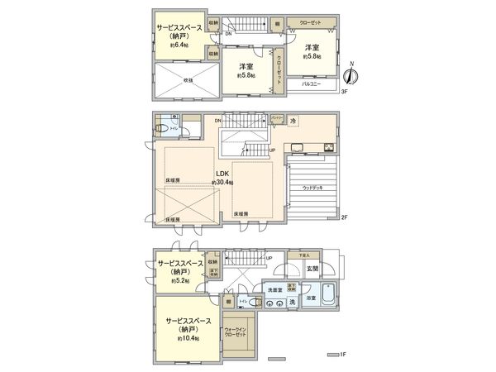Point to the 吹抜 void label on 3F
coord(187,80)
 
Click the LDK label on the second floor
coord(222,173)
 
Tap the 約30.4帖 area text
coord(223,182)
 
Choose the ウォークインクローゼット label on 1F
coord(236,333)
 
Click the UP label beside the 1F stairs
coord(269,257)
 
